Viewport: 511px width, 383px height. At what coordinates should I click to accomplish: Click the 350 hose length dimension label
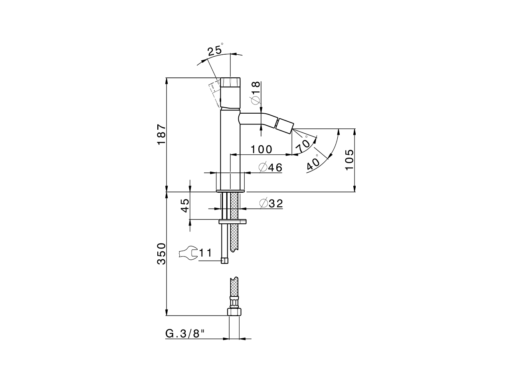tap(161, 253)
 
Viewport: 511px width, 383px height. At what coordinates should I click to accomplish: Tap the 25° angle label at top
tap(216, 51)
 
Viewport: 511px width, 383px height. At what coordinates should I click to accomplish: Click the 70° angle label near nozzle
tap(303, 145)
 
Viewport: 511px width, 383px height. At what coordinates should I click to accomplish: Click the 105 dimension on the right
tap(349, 160)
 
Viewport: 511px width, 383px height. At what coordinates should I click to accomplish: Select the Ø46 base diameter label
tap(270, 168)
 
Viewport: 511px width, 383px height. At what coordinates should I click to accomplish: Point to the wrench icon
tap(188, 253)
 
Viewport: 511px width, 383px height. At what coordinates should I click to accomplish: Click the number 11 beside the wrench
tap(205, 253)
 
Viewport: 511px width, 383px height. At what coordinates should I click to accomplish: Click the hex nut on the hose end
tap(234, 312)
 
